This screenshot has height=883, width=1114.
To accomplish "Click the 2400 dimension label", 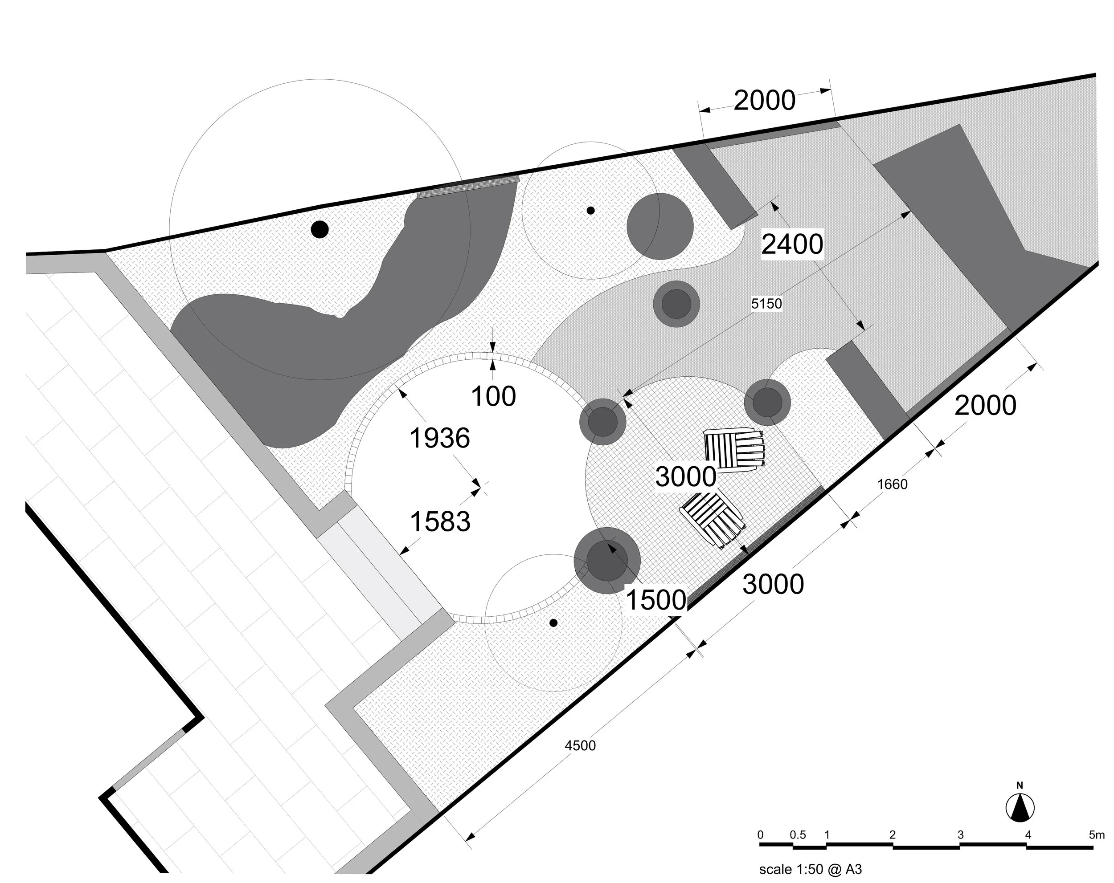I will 792,244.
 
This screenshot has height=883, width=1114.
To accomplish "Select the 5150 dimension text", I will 766,304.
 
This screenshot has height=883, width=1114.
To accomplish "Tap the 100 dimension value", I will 493,397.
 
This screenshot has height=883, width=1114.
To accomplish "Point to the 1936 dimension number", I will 440,439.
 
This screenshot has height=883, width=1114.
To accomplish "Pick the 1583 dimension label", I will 440,521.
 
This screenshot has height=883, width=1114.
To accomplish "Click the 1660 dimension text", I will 893,484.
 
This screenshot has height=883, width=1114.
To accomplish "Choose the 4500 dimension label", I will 580,746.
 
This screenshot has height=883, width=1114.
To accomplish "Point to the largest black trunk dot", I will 320,229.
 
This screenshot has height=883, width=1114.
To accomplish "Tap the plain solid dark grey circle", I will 660,227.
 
